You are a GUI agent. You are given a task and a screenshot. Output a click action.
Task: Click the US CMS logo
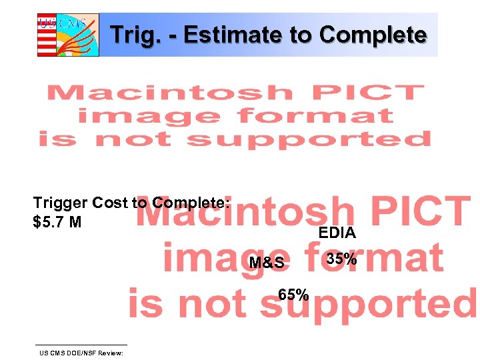(68, 35)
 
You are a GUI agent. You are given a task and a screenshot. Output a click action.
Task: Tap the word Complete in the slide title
(373, 35)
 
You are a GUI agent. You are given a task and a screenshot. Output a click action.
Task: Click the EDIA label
(337, 233)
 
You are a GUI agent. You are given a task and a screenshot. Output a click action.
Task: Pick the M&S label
(267, 263)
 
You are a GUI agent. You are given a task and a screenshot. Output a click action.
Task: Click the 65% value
(293, 295)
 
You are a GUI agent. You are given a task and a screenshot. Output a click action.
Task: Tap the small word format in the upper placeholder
(316, 116)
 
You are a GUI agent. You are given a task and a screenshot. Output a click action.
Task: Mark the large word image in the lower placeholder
(230, 259)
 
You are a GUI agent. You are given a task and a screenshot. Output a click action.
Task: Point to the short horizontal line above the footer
(83, 345)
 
